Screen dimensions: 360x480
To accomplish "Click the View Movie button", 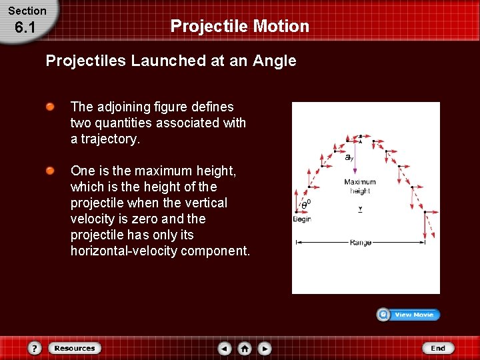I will (408, 315).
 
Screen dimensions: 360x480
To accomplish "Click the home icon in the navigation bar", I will (245, 348).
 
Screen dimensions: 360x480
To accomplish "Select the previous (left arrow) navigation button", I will (225, 348).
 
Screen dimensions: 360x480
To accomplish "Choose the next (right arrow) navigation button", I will (265, 348).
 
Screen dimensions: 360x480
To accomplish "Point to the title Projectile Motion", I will (240, 26).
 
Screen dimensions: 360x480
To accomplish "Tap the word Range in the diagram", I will (360, 243).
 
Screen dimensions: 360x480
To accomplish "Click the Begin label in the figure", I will (302, 219).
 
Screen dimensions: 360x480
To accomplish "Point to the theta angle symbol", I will (305, 204).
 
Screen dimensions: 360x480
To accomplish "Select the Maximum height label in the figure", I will (360, 186).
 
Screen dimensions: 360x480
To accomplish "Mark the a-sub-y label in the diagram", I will (349, 158).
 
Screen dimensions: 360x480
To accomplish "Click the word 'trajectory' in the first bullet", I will (111, 139).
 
